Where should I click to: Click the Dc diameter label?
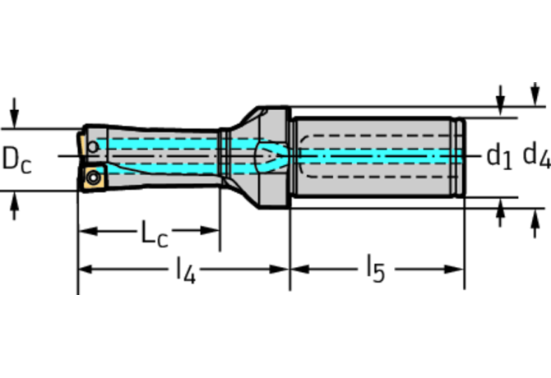17,159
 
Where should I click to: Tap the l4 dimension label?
185,270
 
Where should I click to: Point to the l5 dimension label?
374,270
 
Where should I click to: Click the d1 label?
498,154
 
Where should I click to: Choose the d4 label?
536,154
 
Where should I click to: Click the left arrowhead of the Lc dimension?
85,230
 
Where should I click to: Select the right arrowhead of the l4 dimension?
284,269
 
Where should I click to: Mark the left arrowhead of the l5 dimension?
296,269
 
